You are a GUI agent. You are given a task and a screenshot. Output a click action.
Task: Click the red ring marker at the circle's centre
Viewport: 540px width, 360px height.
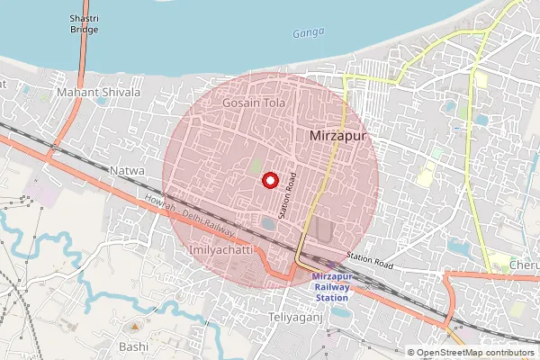point(269,180)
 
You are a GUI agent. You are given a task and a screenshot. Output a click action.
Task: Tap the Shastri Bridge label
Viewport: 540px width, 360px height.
point(85,24)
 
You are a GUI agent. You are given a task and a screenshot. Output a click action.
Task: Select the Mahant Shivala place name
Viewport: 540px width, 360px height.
point(98,92)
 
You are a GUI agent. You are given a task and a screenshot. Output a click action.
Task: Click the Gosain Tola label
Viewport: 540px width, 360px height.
point(253,103)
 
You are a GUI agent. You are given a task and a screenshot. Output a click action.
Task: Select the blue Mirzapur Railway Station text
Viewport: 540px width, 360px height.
point(342,287)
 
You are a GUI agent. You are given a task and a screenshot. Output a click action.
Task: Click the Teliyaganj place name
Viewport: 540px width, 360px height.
point(296,319)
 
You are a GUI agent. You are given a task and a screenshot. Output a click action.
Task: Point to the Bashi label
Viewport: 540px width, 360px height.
point(133,346)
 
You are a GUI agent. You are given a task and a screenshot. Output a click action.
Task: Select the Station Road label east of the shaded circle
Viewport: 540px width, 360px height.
point(371,262)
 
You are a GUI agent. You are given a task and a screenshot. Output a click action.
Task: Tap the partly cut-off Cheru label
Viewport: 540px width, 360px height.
point(524,266)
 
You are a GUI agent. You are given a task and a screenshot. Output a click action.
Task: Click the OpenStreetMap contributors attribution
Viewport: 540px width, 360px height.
point(470,352)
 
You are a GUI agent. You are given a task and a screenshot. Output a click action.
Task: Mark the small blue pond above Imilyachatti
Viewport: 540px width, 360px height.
point(269,221)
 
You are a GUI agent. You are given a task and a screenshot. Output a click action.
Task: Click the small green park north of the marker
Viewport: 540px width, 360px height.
point(256,166)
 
